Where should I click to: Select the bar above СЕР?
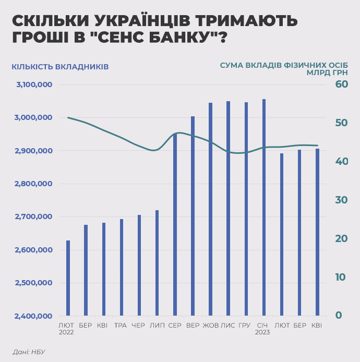[175, 224]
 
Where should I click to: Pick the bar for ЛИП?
[157, 263]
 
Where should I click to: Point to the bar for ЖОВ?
[210, 209]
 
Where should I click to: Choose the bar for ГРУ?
[246, 209]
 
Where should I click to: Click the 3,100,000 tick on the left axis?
[34, 85]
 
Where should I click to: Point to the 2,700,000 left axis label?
[34, 217]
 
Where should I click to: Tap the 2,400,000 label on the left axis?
[34, 316]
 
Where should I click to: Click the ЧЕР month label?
[138, 325]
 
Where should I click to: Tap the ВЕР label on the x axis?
[193, 325]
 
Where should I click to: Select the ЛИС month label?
[227, 325]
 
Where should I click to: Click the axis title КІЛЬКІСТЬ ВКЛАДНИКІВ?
[60, 67]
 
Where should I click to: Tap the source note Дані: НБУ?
[29, 352]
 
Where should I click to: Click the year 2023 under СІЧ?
[262, 332]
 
